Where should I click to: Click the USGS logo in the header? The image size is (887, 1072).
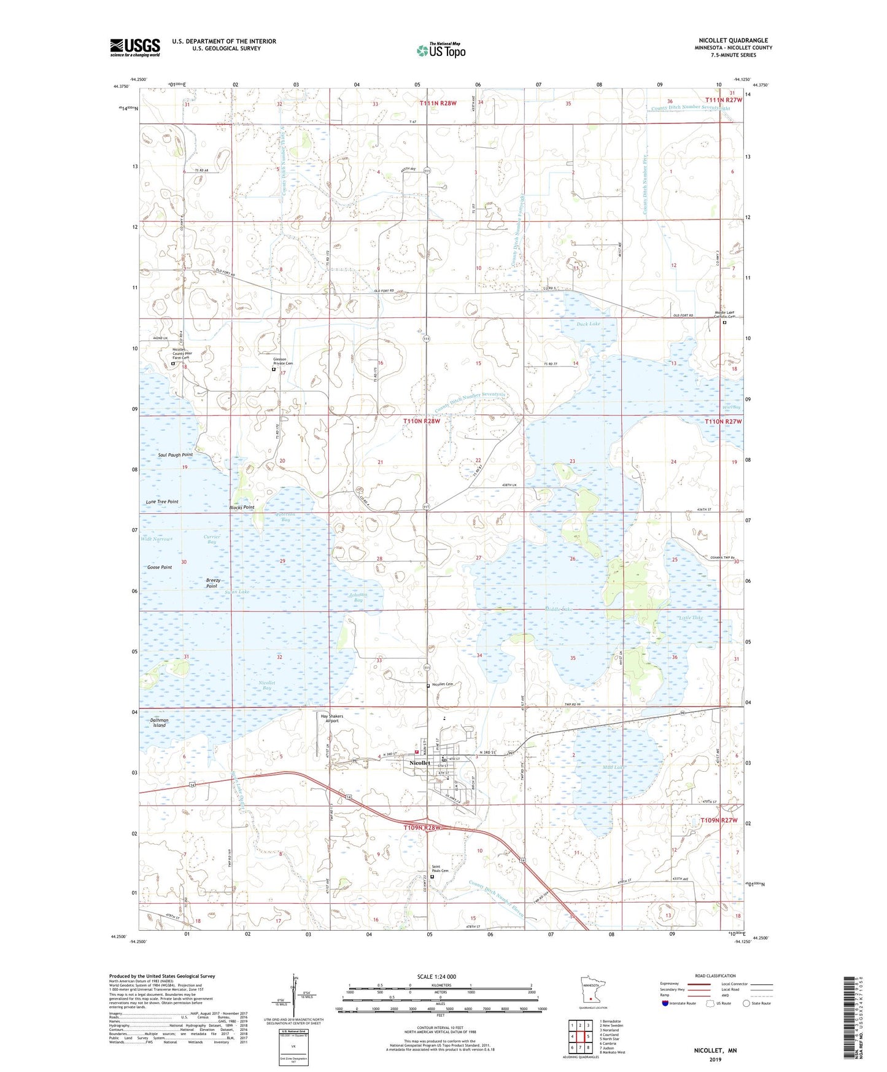pyautogui.click(x=135, y=47)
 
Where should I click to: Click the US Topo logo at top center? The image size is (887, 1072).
pyautogui.click(x=441, y=50)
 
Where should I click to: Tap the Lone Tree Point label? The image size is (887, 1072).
pyautogui.click(x=162, y=502)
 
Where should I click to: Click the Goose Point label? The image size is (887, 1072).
pyautogui.click(x=160, y=567)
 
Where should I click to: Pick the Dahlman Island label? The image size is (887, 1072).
pyautogui.click(x=159, y=722)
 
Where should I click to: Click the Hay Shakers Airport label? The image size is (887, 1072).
pyautogui.click(x=332, y=718)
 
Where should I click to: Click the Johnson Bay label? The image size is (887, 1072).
pyautogui.click(x=359, y=597)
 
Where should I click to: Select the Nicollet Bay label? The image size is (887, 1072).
pyautogui.click(x=266, y=685)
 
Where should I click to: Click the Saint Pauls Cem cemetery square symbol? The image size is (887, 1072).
pyautogui.click(x=432, y=877)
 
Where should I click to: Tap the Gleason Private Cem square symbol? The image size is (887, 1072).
pyautogui.click(x=274, y=370)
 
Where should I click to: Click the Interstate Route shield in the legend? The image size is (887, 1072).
pyautogui.click(x=665, y=1003)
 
